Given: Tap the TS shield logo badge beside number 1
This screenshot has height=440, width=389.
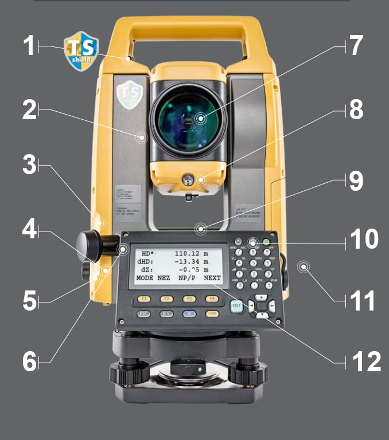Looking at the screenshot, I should click(80, 50).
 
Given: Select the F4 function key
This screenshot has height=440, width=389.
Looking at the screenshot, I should click(212, 298).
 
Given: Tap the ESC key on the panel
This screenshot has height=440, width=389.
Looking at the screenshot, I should click(143, 314).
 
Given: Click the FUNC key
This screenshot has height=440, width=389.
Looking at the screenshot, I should click(212, 314).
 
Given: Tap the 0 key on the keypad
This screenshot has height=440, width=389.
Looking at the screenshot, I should click(239, 285).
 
